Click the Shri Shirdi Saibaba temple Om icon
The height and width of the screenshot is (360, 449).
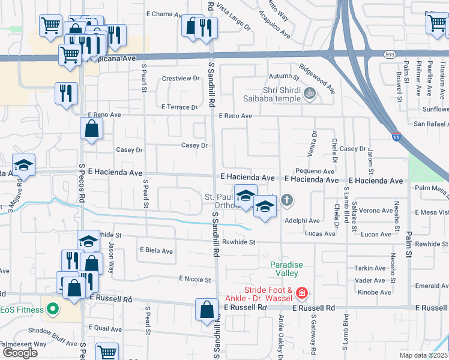coord(310,93)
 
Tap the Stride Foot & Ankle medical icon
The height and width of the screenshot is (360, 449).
coord(302,293)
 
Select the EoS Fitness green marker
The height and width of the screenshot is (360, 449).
coord(52,310)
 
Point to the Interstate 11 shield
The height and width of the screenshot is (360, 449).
coord(396,136)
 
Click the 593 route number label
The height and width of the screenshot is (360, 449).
coord(390,53)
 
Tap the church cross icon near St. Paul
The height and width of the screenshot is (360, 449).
coord(287,200)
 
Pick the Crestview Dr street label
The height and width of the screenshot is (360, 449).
coord(181,79)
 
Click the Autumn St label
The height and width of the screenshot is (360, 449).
coord(284,77)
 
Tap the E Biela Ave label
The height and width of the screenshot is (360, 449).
coord(156,251)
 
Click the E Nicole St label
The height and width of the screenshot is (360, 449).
coord(195,280)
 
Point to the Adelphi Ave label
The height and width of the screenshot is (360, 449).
coord(303,221)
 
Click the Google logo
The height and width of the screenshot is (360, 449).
coord(20,352)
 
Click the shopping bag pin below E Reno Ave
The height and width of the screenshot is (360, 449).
coord(91,128)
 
